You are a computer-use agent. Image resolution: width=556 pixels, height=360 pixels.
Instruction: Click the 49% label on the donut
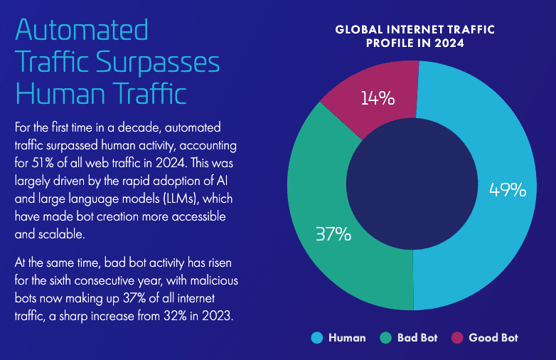point(508,190)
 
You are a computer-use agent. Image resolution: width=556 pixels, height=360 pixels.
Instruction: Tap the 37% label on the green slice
point(333,233)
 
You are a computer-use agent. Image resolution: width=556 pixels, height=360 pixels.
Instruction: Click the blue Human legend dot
point(316,337)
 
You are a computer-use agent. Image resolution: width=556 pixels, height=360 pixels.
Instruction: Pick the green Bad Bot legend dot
point(386,337)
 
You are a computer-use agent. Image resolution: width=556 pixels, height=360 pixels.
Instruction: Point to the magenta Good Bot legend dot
point(457,337)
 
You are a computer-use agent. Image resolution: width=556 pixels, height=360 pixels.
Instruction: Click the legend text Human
point(347,337)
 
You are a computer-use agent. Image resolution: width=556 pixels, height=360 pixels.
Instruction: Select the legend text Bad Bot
point(418,337)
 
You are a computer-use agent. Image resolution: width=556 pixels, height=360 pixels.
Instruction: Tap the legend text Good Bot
point(493,337)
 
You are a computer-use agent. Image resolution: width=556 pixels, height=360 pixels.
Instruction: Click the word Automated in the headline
point(81,30)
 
